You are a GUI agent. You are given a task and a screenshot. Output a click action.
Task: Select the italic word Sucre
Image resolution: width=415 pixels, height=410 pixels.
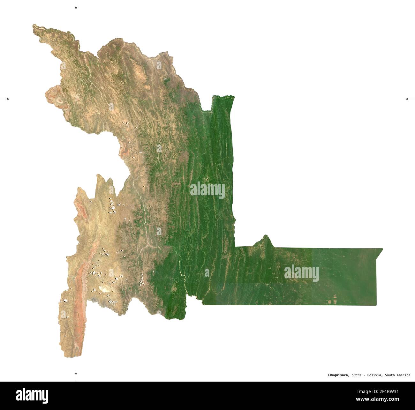point(357,375)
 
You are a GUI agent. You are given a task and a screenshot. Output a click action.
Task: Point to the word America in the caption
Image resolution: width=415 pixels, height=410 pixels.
point(403,375)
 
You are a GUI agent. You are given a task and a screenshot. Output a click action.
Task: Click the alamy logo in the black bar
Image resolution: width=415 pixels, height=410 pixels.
point(32,395)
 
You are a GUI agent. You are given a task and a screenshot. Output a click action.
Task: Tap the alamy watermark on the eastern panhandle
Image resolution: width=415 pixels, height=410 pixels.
point(301,273)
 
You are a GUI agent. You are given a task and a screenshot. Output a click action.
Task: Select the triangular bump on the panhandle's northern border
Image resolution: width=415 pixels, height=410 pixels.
point(265,238)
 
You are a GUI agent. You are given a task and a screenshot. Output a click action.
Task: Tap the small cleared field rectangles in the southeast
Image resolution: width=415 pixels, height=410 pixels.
point(333,300)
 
